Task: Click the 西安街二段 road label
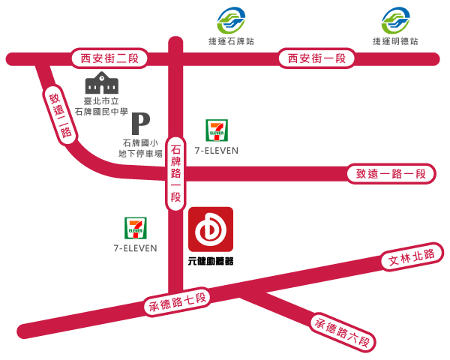110,58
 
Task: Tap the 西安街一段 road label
314,58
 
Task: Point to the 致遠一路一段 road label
391,174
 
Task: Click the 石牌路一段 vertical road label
175,173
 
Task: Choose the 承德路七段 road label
178,302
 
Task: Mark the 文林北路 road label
412,259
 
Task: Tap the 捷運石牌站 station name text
230,40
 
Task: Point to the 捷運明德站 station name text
395,40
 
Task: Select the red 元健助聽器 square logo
211,230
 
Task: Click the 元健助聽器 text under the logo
211,261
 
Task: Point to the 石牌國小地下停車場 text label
141,148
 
